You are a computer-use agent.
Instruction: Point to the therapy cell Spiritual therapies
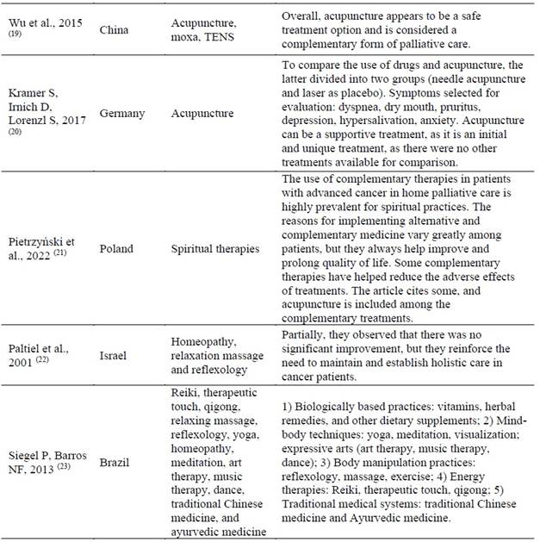215,249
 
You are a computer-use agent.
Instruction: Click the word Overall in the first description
302,16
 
